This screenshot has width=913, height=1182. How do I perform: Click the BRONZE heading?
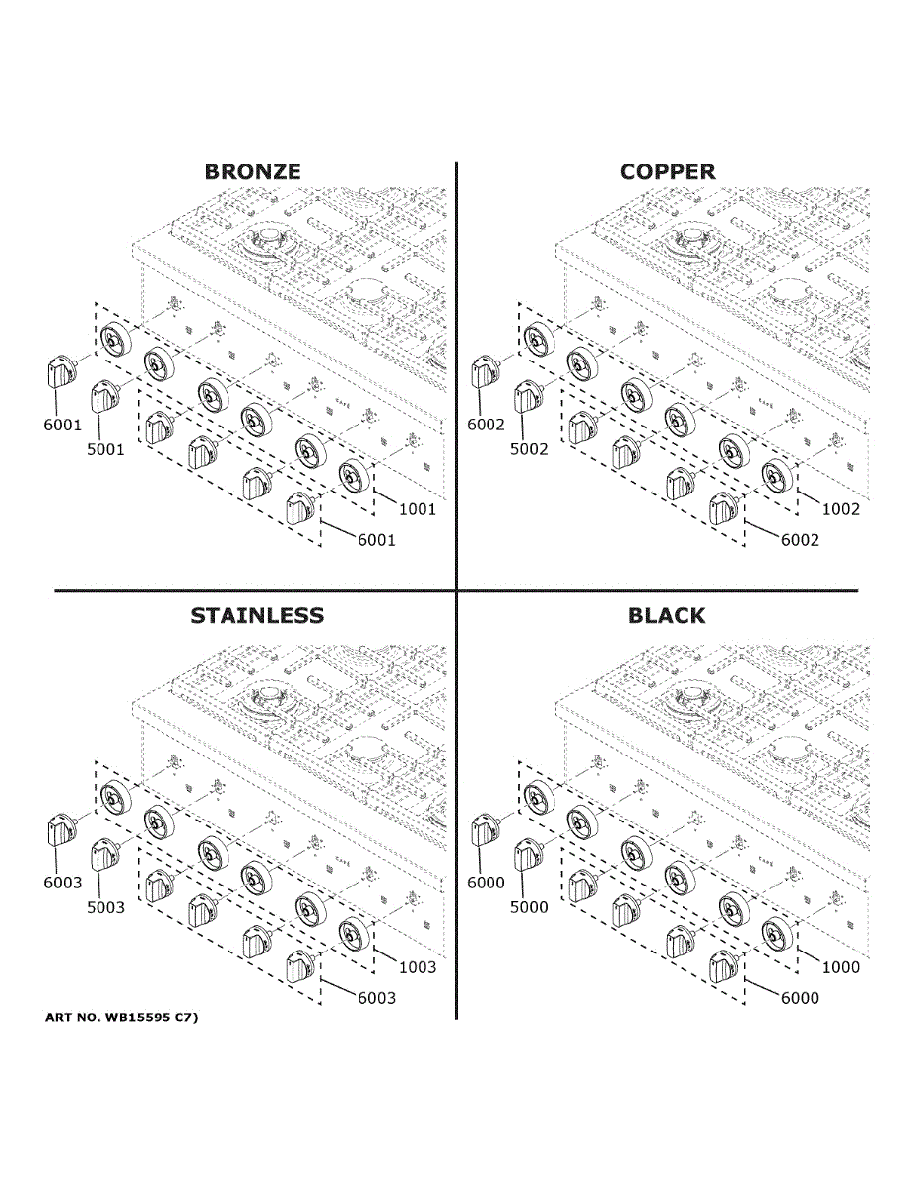coord(252,171)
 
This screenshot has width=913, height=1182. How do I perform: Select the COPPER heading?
coord(668,171)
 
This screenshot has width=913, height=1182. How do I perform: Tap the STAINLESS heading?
coord(256,616)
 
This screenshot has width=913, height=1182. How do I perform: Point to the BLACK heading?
coord(667,616)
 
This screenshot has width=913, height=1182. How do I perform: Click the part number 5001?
coord(105,450)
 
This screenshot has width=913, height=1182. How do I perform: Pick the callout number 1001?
coord(417,509)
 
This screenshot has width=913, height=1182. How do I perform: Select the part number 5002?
coord(530,450)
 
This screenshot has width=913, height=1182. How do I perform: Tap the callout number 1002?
coord(840,509)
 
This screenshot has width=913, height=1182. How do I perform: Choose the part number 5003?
coord(105,907)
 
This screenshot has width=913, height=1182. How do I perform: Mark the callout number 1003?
coord(417,967)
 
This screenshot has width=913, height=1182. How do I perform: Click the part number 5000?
coord(529,907)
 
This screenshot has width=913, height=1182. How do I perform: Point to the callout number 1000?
coord(840,967)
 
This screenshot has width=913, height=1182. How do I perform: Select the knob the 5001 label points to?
coord(103,399)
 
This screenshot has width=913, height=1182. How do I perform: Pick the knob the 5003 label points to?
coord(103,855)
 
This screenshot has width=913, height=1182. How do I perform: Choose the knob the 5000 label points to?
coord(526,855)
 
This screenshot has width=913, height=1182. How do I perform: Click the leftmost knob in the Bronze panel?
coord(61,373)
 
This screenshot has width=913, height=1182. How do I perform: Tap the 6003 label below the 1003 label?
coord(376,998)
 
